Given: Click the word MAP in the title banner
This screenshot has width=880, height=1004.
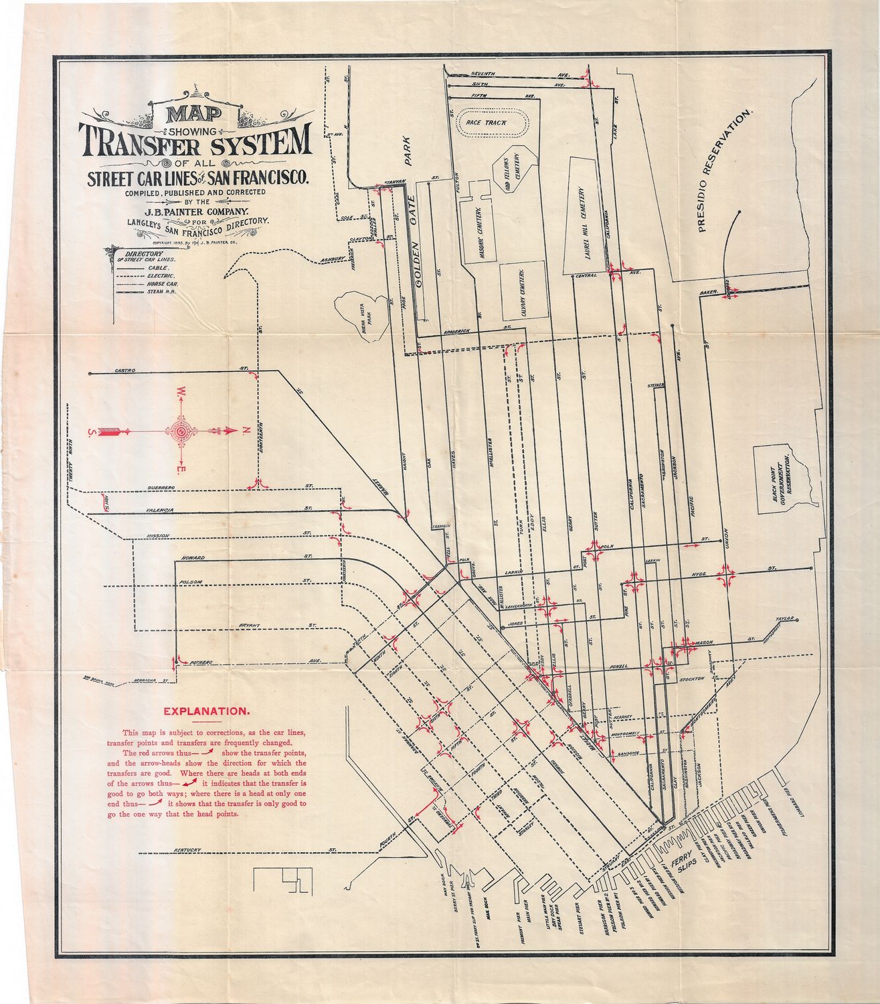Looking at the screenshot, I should pos(195,114).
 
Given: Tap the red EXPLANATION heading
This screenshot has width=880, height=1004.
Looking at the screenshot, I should pos(207,712).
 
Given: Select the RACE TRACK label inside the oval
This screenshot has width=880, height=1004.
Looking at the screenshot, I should pos(487,123).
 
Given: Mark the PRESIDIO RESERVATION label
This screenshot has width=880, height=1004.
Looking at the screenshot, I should pos(726,171).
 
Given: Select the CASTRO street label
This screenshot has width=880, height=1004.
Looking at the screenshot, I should pos(125,370).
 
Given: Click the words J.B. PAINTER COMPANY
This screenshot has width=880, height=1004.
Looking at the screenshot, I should pos(194,210).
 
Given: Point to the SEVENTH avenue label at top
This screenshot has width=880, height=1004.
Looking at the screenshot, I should pos(482,73).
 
